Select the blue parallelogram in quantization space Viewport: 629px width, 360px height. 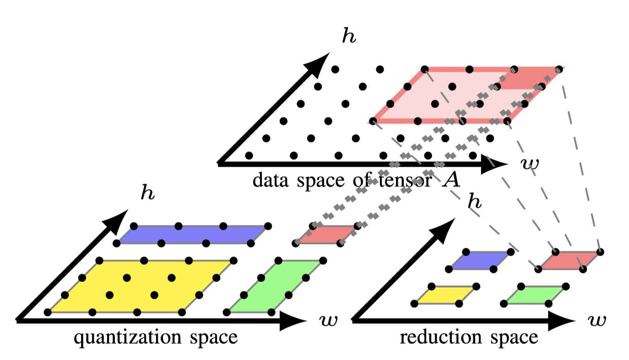pyautogui.click(x=192, y=234)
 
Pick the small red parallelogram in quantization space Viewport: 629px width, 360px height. pyautogui.click(x=326, y=235)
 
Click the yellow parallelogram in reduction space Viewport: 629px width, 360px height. pyautogui.click(x=444, y=295)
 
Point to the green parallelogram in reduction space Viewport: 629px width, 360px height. pyautogui.click(x=535, y=295)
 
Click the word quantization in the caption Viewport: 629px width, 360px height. pyautogui.click(x=123, y=338)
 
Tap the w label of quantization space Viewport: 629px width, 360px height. pyautogui.click(x=328, y=321)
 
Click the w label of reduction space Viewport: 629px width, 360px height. pyautogui.click(x=597, y=321)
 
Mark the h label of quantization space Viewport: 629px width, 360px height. pyautogui.click(x=147, y=193)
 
